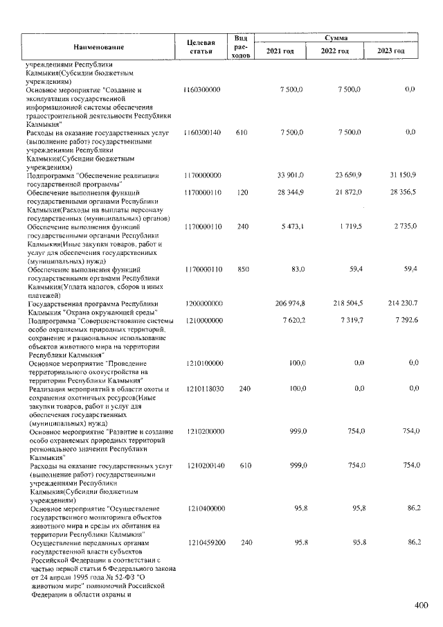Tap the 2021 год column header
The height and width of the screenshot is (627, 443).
click(280, 52)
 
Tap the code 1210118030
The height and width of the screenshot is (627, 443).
click(203, 389)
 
